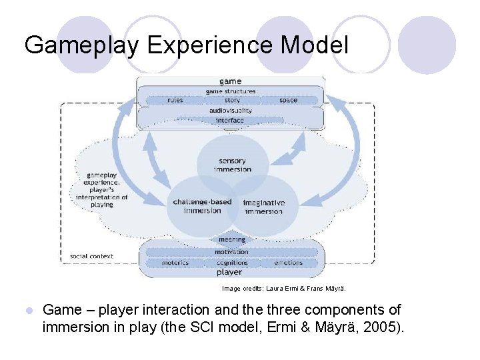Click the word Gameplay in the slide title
(81, 45)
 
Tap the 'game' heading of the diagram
(231, 81)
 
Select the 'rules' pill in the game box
(175, 100)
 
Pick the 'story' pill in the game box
(232, 100)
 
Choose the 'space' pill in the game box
(289, 100)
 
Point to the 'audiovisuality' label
(231, 110)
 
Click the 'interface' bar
(230, 120)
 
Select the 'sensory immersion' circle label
(233, 165)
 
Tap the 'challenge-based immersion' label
(203, 206)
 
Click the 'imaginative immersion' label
(264, 207)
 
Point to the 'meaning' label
(232, 239)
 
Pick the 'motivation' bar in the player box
(231, 252)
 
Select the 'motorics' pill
(175, 263)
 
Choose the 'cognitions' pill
(232, 263)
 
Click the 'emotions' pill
(289, 263)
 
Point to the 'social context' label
(91, 256)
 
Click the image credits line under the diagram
(284, 289)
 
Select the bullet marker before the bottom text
(27, 311)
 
